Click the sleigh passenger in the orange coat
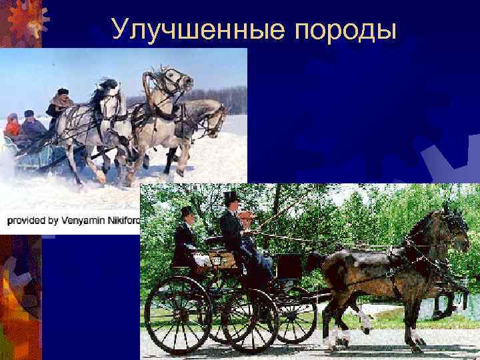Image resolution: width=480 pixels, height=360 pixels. click(12, 125)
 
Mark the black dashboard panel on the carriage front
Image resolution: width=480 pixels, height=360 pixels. click(289, 266)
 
